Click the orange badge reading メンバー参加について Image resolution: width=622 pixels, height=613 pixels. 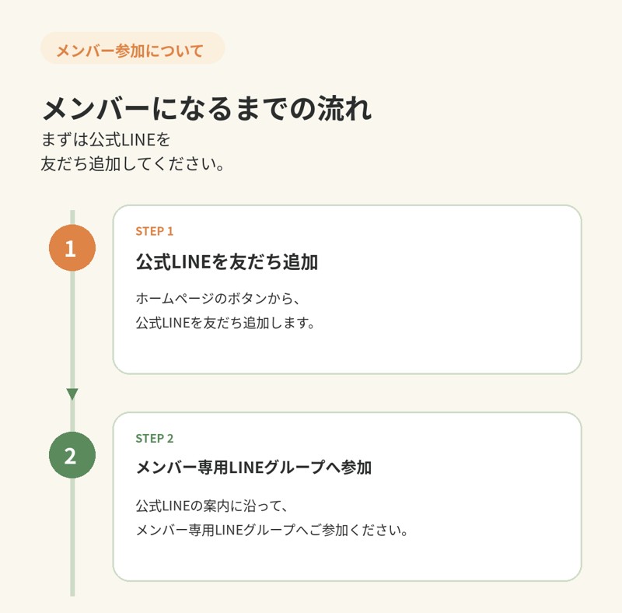(x=132, y=48)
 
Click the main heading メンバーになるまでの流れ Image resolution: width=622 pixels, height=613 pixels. (x=207, y=108)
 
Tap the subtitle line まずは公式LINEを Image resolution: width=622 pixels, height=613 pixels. (x=106, y=140)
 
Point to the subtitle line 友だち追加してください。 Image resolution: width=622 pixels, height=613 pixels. (x=133, y=163)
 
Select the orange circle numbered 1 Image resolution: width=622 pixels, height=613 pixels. (x=72, y=247)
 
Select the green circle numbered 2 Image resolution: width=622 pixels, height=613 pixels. (x=72, y=455)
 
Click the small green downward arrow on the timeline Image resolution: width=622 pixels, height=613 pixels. (x=72, y=394)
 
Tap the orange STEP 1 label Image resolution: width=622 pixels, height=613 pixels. (x=154, y=232)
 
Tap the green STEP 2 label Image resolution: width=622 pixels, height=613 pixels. (x=154, y=438)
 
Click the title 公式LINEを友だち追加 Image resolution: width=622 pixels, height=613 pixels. (x=227, y=262)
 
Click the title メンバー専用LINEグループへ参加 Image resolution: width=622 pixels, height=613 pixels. (x=254, y=468)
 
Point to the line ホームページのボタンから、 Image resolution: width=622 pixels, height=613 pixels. (x=218, y=299)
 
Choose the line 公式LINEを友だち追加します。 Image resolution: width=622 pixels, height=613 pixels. (x=225, y=323)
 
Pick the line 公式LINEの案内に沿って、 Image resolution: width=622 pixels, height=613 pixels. (x=211, y=506)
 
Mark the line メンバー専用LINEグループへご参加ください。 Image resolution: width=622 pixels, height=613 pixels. (x=272, y=530)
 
